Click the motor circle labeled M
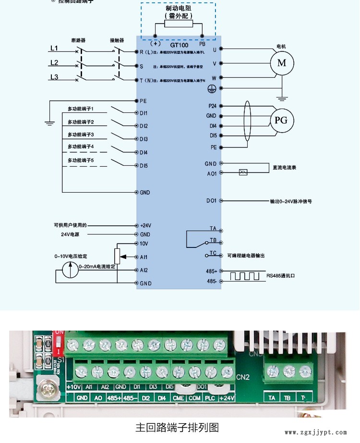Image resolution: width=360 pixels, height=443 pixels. [282, 63]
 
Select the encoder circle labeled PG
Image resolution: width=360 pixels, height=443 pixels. [281, 120]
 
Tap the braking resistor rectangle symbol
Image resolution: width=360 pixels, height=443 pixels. [178, 24]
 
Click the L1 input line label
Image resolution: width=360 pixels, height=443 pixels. [54, 48]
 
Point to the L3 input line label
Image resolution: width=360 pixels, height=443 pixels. [54, 77]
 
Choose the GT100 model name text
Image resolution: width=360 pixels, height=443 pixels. [179, 44]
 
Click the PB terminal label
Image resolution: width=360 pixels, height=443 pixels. [203, 43]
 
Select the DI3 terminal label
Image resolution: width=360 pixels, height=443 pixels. [144, 139]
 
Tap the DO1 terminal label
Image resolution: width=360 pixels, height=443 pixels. [211, 201]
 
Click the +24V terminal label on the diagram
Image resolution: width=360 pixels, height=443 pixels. [145, 225]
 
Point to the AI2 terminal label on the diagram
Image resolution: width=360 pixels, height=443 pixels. [144, 270]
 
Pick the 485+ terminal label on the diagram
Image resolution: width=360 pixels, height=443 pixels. [212, 271]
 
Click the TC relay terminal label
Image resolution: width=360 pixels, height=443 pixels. [213, 253]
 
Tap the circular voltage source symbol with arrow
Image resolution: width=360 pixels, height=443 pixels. [70, 271]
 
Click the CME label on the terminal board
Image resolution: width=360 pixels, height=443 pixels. [179, 398]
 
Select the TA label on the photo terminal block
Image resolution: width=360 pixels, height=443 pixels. [272, 398]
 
